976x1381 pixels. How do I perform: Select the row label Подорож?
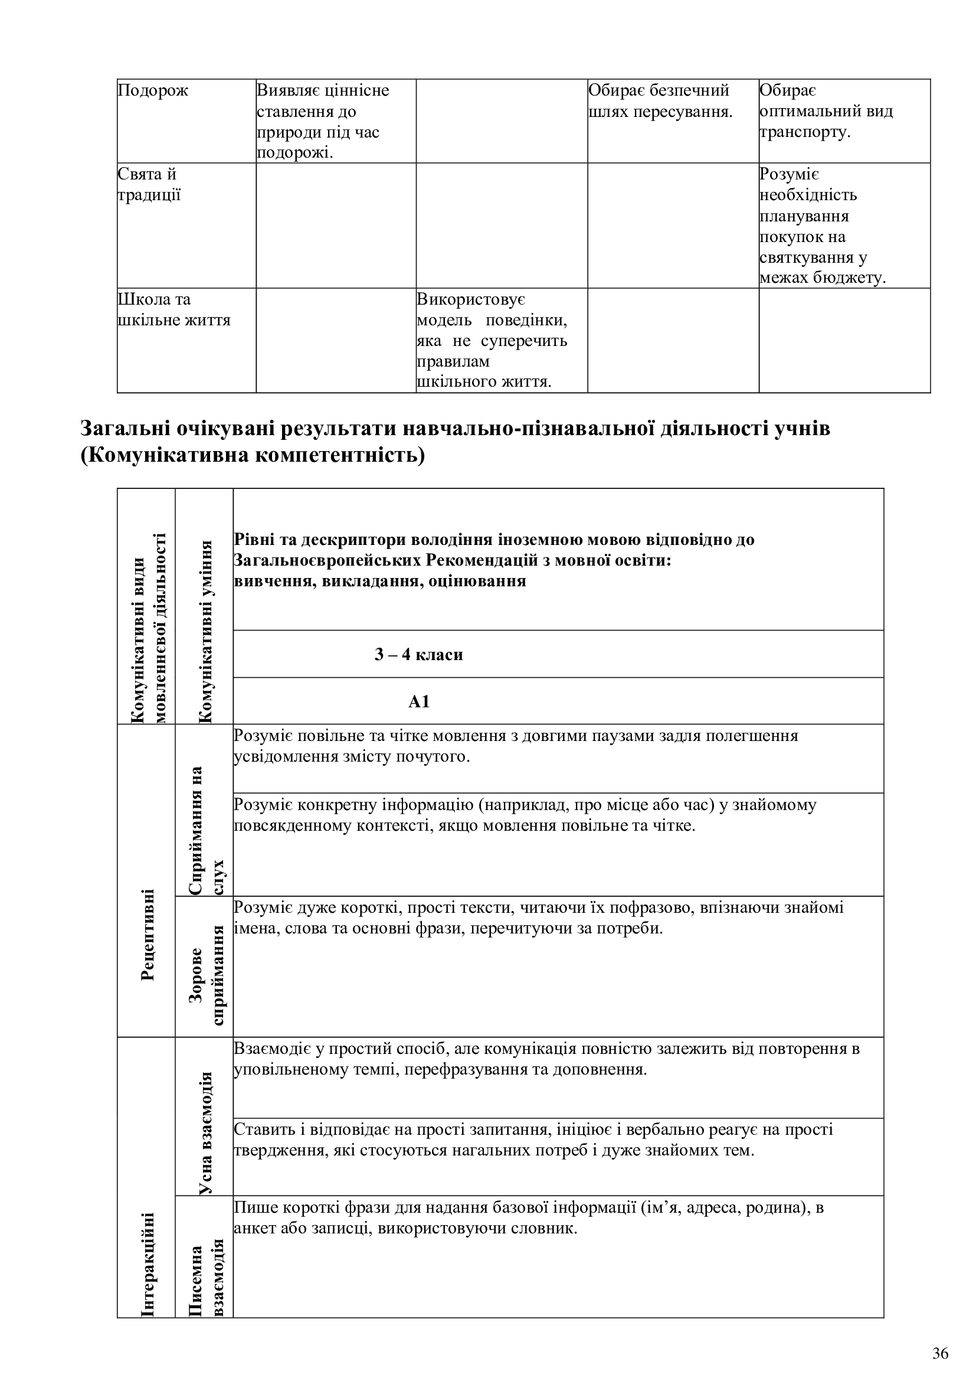pyautogui.click(x=153, y=91)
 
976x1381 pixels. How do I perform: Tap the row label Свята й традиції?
pyautogui.click(x=149, y=185)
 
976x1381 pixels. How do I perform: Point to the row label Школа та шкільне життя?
pyautogui.click(x=173, y=310)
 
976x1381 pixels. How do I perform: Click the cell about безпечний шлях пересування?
pyautogui.click(x=660, y=101)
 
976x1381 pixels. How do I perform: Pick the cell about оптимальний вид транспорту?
pyautogui.click(x=826, y=111)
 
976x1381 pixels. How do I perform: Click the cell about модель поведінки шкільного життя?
pyautogui.click(x=492, y=341)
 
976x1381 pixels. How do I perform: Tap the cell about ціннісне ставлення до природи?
pyautogui.click(x=323, y=122)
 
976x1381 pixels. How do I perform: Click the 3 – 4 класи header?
pyautogui.click(x=419, y=654)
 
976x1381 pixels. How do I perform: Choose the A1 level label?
pyautogui.click(x=419, y=702)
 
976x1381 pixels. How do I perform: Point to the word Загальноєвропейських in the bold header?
pyautogui.click(x=327, y=560)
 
